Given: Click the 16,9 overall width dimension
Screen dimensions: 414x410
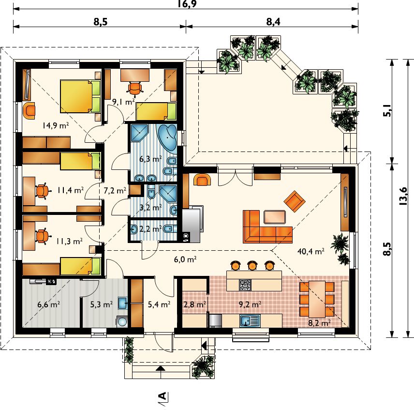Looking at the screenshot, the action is pos(187,4).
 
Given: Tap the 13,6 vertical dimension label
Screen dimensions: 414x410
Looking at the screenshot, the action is pos(403,196).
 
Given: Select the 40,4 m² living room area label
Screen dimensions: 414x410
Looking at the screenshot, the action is pos(311,251).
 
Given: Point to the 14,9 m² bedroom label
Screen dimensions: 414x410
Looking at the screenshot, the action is pos(56,125).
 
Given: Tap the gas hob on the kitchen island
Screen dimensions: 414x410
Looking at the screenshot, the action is pos(245,285).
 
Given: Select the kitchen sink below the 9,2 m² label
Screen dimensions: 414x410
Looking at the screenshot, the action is pos(250,321).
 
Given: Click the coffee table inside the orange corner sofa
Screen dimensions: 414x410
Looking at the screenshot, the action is pos(275,217).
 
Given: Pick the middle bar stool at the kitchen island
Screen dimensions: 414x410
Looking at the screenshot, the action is pos(252,265).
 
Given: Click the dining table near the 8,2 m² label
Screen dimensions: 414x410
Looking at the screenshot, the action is pos(317,299).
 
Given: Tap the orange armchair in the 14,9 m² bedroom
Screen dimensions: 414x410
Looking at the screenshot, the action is pos(30,111).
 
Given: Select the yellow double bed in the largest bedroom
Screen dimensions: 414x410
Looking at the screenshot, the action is pos(80,96).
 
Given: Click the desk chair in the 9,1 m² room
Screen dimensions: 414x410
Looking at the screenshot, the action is pos(135,88).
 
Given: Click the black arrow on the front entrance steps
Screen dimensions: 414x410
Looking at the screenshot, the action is pos(160,368).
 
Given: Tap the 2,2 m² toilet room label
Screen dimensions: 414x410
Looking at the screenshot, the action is pos(150,228).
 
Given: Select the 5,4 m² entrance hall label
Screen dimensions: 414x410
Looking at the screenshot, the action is pos(159,304).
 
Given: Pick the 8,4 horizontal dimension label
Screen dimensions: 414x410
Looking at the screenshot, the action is pos(273,22).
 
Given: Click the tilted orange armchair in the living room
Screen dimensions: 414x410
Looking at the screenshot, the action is pos(295,201).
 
